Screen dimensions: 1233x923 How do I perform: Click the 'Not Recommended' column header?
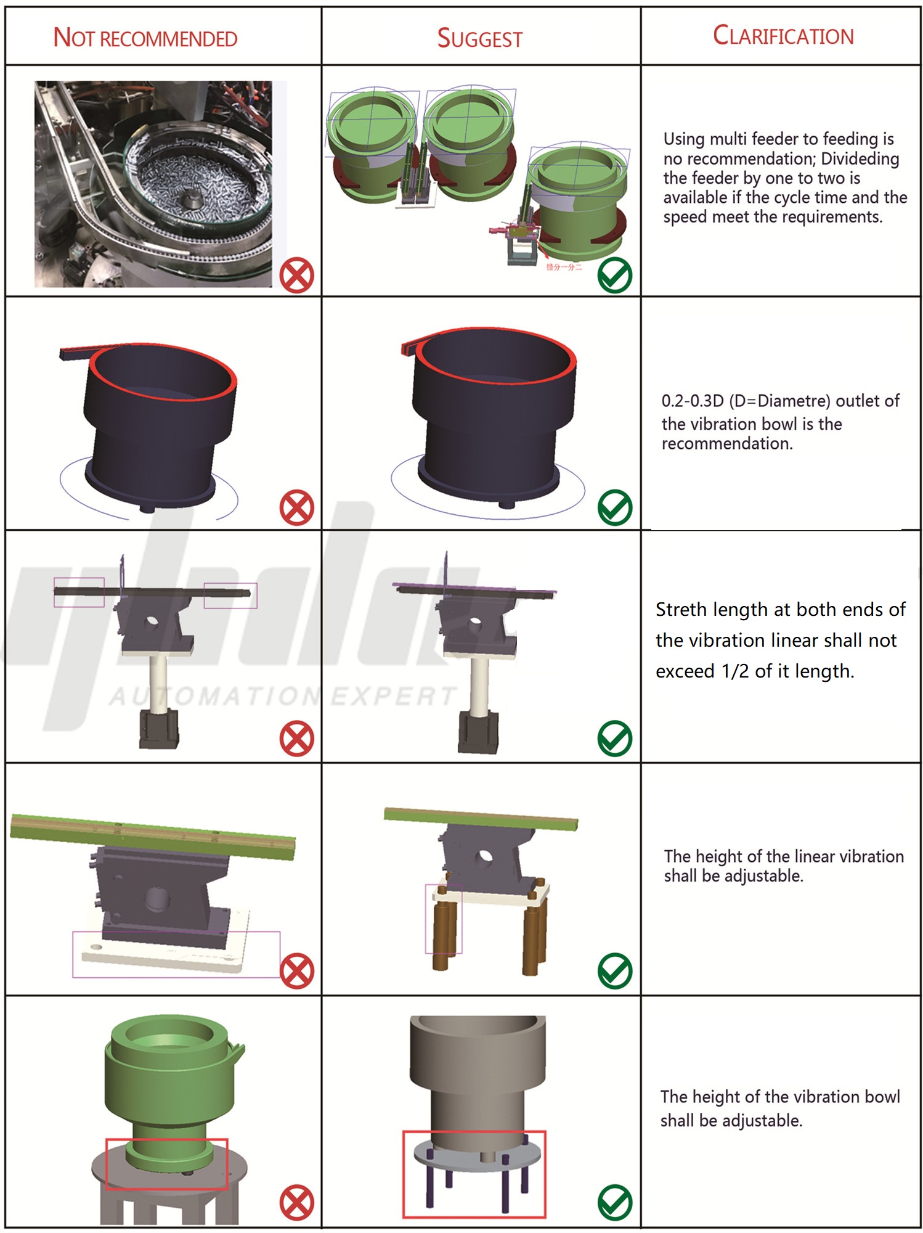coord(145,38)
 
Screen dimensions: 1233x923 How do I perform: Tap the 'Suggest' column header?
coord(479,39)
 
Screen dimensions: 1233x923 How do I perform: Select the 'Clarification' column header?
coord(783,36)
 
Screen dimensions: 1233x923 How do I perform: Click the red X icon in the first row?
coord(296,276)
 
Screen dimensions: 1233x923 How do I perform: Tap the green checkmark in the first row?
coord(614,276)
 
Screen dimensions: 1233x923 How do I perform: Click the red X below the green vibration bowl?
coord(296,1202)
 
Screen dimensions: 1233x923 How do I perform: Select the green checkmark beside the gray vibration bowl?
coord(614,1202)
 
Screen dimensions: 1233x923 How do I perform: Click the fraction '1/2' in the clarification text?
coord(735,671)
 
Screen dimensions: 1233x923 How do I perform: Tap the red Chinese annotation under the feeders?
coord(563,267)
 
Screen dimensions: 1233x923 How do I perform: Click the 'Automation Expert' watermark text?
coord(283,697)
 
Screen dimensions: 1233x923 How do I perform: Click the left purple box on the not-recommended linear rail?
coord(79,592)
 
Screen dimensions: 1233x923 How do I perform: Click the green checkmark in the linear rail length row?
coord(614,739)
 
